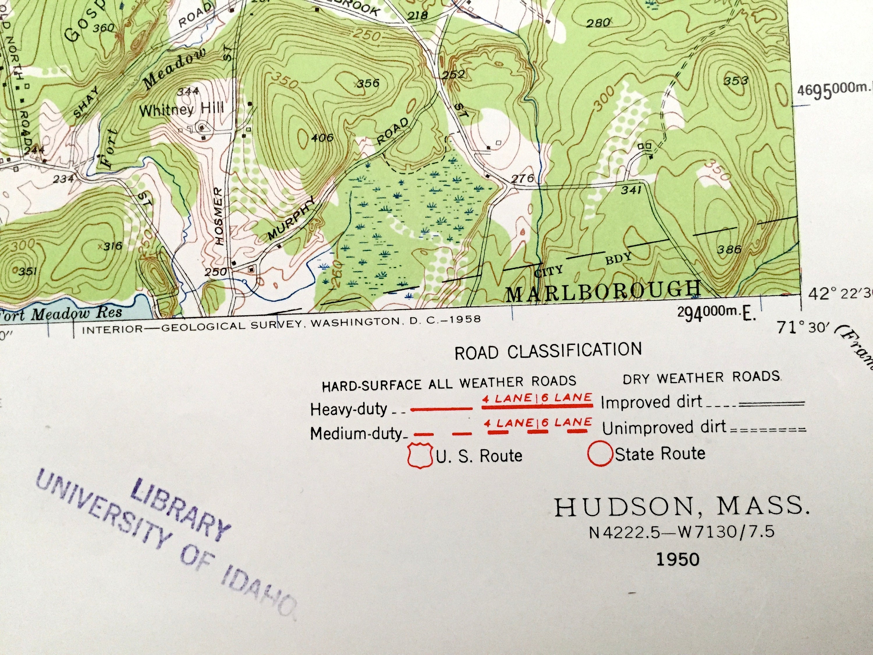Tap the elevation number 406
click(x=322, y=138)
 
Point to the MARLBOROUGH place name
click(x=603, y=291)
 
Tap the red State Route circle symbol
click(x=599, y=454)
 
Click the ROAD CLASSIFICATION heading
click(x=548, y=351)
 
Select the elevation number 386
click(x=729, y=249)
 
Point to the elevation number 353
click(x=736, y=81)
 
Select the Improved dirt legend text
click(x=651, y=402)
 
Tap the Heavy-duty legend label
click(x=349, y=409)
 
